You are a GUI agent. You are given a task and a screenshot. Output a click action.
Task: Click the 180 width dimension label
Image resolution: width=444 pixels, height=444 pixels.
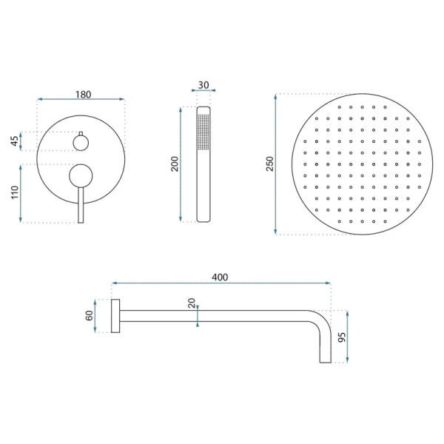click(82, 94)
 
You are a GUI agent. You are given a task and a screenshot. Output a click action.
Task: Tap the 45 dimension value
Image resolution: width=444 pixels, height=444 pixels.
click(14, 141)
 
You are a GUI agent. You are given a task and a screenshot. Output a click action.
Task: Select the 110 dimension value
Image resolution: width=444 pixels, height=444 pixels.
click(14, 194)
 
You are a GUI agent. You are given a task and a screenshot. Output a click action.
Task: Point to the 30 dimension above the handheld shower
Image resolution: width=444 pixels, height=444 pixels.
click(203, 84)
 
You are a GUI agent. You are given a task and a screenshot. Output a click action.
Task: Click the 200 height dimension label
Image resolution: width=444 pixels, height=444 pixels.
click(175, 164)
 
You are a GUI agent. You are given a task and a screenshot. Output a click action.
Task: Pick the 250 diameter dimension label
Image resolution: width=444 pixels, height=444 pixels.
click(270, 164)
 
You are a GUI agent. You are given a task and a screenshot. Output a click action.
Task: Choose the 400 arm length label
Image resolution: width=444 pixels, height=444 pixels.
click(220, 277)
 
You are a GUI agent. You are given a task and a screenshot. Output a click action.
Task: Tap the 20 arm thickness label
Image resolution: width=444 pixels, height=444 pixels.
click(192, 303)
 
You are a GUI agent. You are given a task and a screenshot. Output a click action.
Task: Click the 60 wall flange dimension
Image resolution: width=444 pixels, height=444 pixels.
click(89, 315)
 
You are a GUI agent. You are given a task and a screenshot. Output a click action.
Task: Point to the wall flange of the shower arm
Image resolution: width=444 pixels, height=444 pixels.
click(115, 316)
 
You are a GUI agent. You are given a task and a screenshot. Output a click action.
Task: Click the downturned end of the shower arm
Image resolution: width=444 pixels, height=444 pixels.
click(324, 348)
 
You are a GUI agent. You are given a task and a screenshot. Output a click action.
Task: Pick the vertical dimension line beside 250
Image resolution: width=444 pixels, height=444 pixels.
click(277, 164)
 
